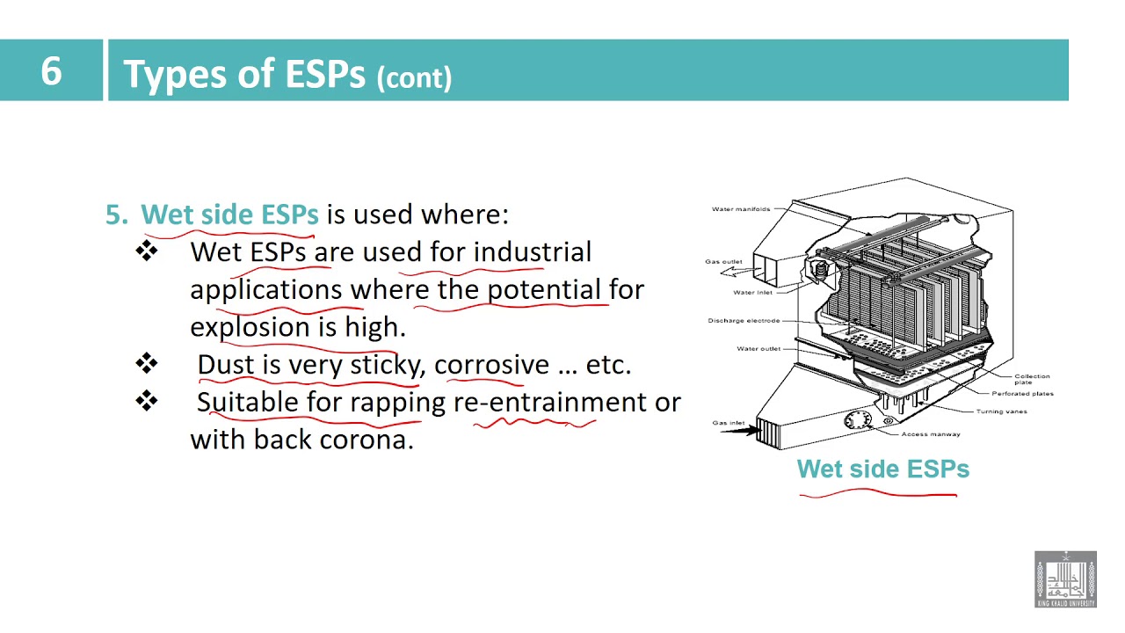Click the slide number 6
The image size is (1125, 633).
point(51,70)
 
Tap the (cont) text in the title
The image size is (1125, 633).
point(414,77)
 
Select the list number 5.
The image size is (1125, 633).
point(116,215)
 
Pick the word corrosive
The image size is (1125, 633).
point(491,365)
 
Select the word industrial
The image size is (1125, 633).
point(532,252)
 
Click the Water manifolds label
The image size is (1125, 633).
point(740,209)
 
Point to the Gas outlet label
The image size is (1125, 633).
point(723,261)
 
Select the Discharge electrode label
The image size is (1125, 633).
point(744,321)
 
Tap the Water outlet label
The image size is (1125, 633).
point(758,349)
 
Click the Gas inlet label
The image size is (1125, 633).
point(729,423)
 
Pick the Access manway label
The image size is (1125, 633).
point(930,434)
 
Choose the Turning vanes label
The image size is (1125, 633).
point(1001,411)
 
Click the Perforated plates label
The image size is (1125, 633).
point(1022,394)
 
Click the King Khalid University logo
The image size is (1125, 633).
point(1065,579)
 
